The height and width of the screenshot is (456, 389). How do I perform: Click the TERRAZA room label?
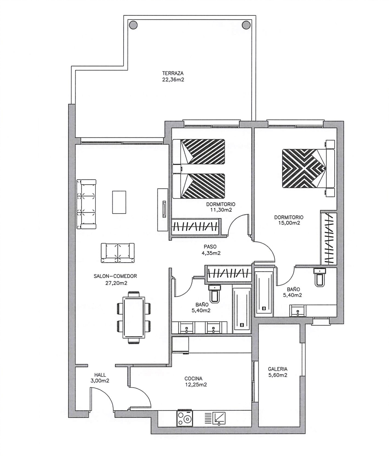[173, 73]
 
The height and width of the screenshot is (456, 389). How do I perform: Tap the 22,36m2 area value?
[173, 80]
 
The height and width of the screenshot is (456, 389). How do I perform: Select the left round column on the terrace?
[133, 25]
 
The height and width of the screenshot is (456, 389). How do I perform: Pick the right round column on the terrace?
[246, 25]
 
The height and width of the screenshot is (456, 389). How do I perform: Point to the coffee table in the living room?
[119, 202]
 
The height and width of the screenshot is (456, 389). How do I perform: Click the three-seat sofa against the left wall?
[86, 204]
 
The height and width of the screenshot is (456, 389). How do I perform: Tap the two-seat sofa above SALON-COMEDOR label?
[118, 253]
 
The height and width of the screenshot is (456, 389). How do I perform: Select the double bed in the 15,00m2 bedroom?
[309, 168]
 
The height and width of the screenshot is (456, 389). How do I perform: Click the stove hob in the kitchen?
[185, 418]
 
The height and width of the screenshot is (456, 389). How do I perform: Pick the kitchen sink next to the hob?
[219, 418]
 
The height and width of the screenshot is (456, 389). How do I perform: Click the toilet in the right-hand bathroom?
[320, 277]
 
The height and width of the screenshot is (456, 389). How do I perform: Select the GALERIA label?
[278, 369]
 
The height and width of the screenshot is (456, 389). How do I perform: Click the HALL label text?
[100, 375]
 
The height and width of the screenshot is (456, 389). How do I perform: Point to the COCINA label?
[193, 379]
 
